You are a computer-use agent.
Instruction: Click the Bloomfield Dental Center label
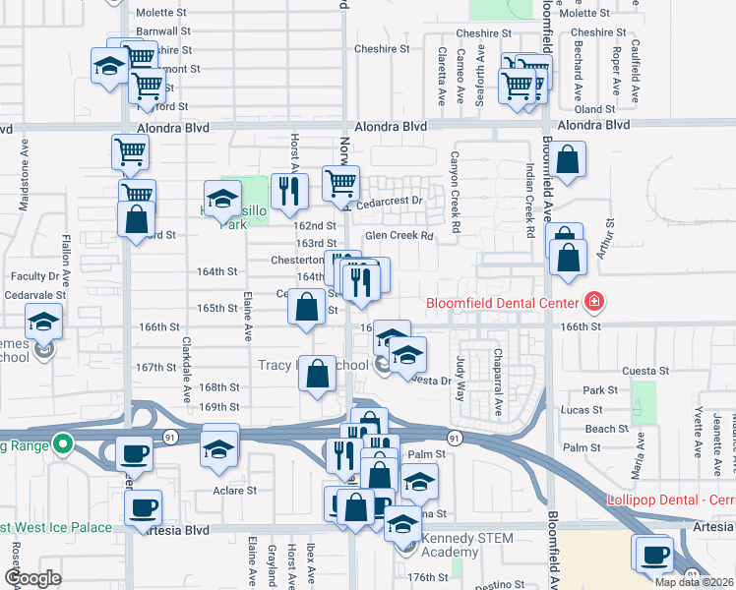(x=503, y=302)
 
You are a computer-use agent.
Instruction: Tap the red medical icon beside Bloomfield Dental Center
(x=594, y=301)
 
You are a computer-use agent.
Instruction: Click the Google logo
(x=32, y=579)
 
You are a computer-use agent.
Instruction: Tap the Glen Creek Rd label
(x=399, y=236)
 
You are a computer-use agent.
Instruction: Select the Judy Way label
(x=460, y=371)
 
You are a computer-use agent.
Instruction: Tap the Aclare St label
(x=235, y=490)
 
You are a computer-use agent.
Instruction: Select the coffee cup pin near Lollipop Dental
(x=655, y=555)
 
